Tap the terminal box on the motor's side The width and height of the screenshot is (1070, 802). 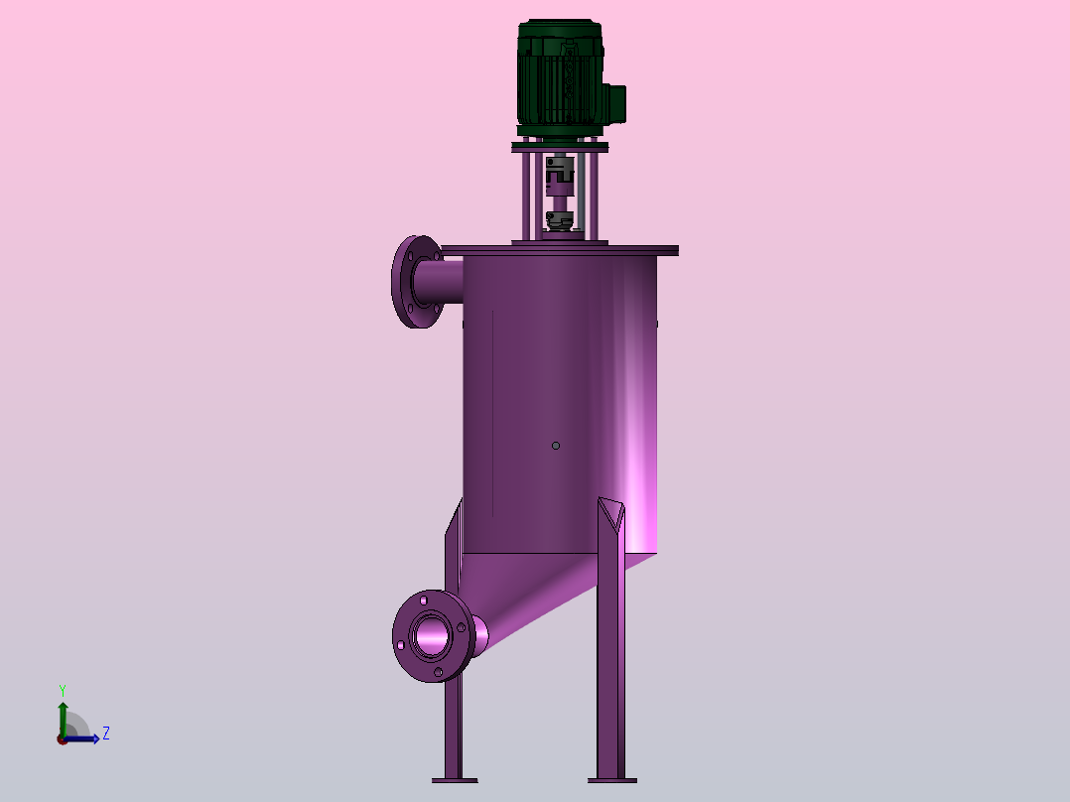point(617,104)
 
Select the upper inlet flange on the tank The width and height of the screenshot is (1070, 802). point(417,282)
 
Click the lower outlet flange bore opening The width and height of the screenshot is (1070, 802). point(432,636)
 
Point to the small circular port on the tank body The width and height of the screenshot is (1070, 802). point(556,446)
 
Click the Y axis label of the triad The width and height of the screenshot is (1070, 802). point(63,691)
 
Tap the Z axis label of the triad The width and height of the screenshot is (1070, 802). point(106,734)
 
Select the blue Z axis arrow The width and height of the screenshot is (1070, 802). point(81,738)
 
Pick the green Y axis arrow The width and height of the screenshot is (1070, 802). point(63,720)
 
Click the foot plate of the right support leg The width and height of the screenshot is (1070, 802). point(612,780)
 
